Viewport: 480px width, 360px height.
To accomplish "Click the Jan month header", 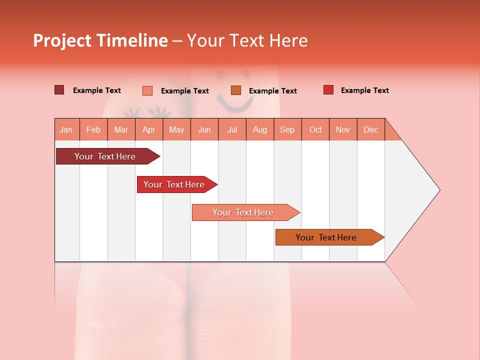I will (x=66, y=129).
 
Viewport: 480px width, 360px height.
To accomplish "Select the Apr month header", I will (x=148, y=129).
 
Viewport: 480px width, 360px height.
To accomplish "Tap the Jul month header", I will (x=232, y=129).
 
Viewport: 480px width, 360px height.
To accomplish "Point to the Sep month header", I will (x=287, y=129).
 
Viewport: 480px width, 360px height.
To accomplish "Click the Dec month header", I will (x=370, y=129).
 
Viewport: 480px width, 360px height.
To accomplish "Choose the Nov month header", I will (x=342, y=129).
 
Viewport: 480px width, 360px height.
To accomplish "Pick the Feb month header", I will (x=93, y=129).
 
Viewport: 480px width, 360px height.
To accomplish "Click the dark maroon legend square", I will (x=59, y=90).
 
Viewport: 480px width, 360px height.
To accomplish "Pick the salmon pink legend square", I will (x=147, y=90).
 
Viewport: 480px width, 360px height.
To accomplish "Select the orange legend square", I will (x=236, y=90).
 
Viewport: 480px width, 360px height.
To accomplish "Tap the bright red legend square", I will (x=328, y=90).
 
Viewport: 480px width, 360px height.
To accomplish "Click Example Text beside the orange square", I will (x=272, y=90).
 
